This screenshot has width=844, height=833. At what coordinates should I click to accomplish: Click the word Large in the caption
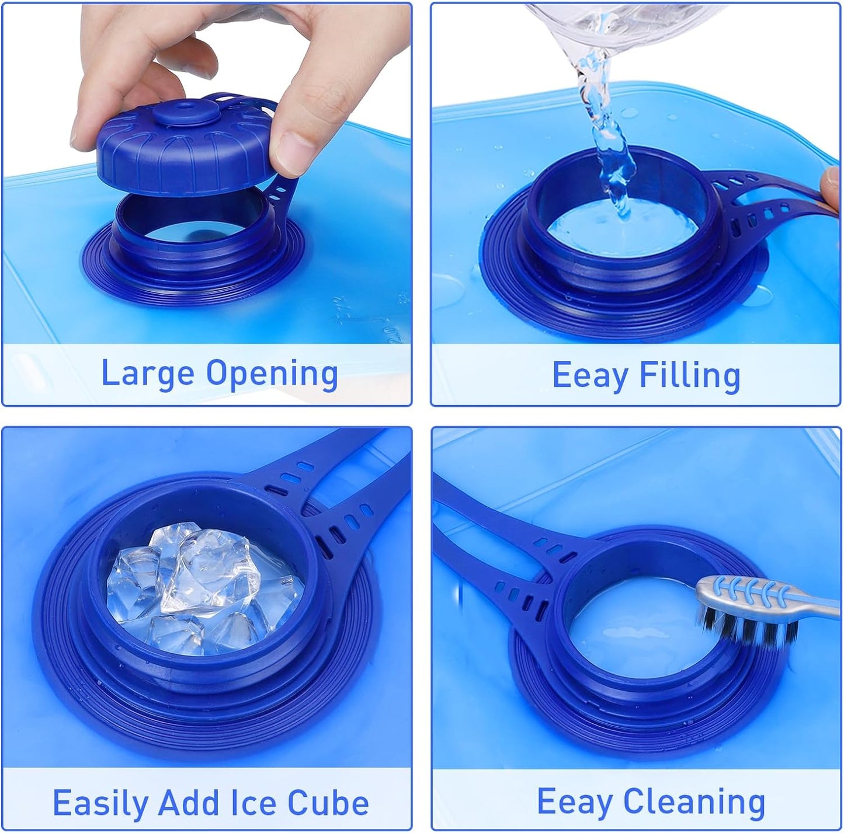pos(148,374)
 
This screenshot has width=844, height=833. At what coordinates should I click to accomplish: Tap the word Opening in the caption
pos(272,374)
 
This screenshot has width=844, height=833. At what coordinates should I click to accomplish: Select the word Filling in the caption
pos(690,375)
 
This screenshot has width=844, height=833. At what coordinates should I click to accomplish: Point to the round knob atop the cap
pos(185,113)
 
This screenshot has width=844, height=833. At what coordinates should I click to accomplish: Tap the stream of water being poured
pos(607,131)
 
